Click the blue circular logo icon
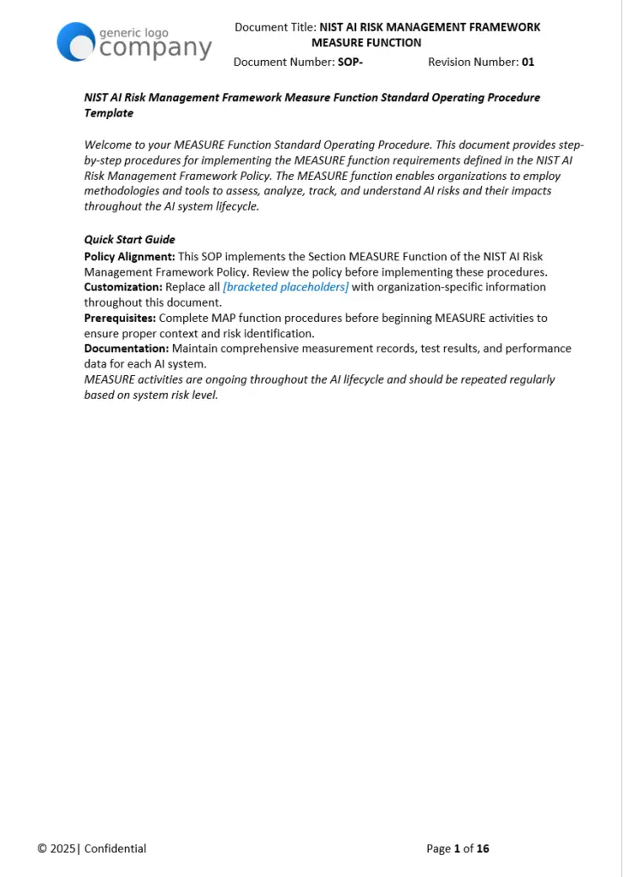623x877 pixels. (75, 42)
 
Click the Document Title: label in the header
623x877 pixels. (275, 27)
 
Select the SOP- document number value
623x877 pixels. (350, 62)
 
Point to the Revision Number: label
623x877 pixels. (472, 62)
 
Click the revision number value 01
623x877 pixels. (528, 62)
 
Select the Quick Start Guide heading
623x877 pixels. (129, 240)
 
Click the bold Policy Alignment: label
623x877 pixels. (129, 257)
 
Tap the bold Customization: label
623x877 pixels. (122, 287)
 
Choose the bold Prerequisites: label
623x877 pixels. (120, 318)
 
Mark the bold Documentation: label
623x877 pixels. (126, 349)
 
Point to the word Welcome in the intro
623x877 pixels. (109, 145)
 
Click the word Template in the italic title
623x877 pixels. (109, 113)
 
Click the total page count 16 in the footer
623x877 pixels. (483, 849)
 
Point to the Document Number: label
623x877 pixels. (283, 62)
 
